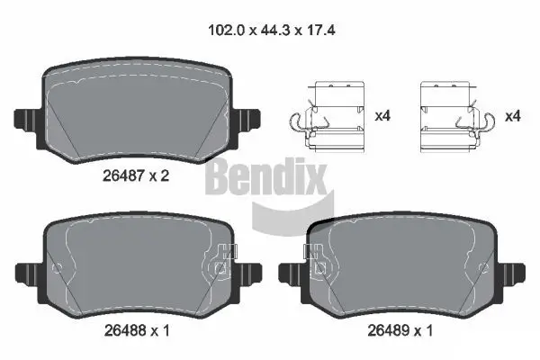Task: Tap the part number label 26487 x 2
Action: point(135,176)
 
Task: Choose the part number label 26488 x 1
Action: point(135,332)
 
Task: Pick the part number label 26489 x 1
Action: point(400,332)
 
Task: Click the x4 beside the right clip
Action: point(513,117)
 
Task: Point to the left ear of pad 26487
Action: point(26,119)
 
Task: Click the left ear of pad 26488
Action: point(26,269)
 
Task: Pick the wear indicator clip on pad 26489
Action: point(318,259)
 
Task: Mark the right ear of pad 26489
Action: point(515,269)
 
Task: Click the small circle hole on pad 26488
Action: point(58,267)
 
